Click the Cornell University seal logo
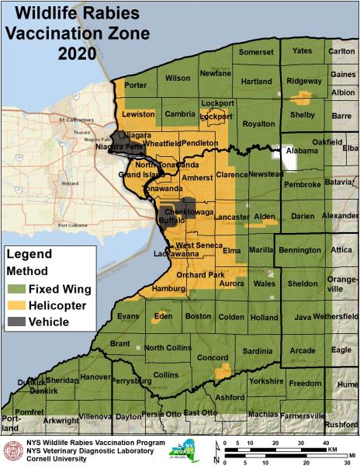(13, 450)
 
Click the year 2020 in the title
(77, 54)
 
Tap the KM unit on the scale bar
(331, 450)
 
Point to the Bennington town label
(299, 250)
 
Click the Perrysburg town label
(131, 381)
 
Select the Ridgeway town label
(303, 81)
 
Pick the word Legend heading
(29, 254)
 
